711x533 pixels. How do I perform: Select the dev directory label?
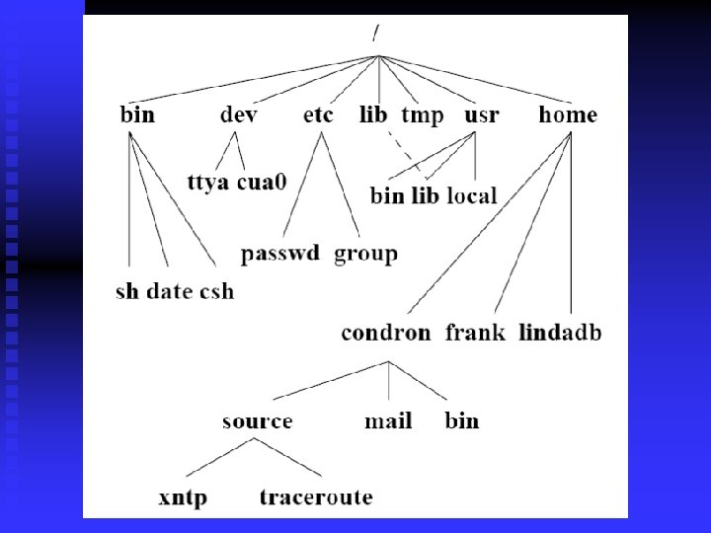239,115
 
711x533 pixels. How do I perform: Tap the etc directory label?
318,115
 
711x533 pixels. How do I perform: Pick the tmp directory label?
423,115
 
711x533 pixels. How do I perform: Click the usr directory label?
482,115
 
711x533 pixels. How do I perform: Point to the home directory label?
568,115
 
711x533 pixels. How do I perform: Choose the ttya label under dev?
210,183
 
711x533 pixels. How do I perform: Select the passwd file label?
281,254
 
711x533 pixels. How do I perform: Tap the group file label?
365,254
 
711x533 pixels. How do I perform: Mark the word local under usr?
472,195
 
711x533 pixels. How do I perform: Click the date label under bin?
170,291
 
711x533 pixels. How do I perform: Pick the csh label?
216,291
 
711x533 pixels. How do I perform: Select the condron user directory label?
386,333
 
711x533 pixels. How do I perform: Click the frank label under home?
475,333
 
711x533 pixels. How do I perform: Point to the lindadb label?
560,333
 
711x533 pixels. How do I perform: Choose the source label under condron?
257,421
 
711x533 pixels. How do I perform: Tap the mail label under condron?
388,421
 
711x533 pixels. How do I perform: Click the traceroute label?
316,496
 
